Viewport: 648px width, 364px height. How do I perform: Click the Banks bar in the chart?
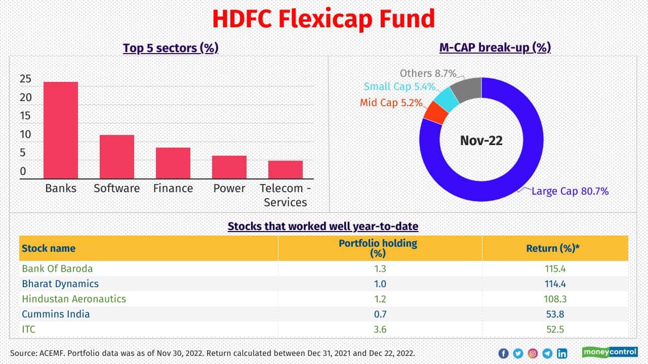coord(61,130)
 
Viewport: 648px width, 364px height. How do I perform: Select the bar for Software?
coord(117,157)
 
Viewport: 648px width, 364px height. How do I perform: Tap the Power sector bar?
coord(229,167)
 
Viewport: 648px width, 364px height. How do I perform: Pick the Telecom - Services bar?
coord(286,169)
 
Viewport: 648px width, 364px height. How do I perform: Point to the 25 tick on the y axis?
coord(25,79)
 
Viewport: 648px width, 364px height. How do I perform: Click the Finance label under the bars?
coord(173,189)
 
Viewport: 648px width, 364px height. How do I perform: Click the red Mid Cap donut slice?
coord(435,112)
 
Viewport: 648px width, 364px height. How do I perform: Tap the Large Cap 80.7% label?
coord(570,191)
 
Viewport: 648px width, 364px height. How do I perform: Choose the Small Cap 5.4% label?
coord(399,86)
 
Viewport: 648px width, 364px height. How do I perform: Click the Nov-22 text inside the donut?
coord(481,140)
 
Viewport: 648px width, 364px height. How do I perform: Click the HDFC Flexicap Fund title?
coord(323,19)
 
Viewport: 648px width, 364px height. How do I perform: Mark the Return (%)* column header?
coord(555,248)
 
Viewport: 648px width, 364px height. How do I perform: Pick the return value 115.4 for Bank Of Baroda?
coord(555,268)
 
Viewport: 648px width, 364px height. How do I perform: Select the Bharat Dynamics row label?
coord(60,284)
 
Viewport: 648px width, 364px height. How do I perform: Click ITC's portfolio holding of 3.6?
coord(380,329)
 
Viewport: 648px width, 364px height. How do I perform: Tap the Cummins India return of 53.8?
coord(555,314)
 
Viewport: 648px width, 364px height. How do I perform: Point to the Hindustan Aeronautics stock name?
coord(74,299)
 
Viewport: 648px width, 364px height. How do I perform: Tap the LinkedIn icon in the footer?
coord(562,353)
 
